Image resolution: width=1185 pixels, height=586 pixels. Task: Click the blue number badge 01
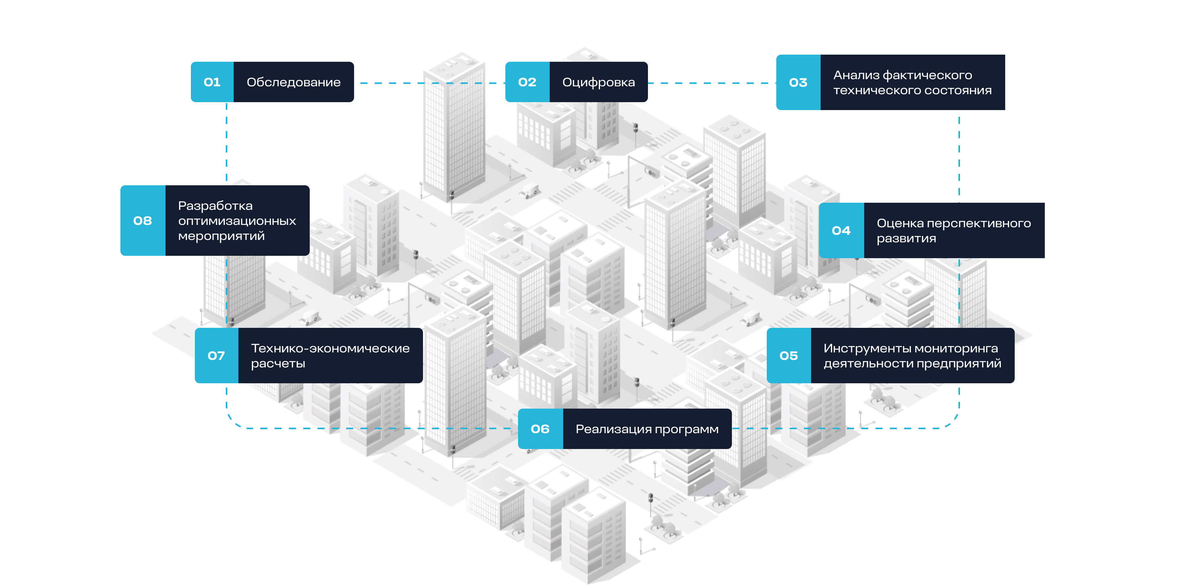212,82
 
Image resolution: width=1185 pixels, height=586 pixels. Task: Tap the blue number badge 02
527,82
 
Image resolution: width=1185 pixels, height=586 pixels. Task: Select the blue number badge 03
798,82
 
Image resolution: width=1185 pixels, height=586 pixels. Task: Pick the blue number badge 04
841,230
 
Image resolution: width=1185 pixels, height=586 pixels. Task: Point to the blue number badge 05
789,356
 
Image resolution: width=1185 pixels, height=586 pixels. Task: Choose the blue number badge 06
540,429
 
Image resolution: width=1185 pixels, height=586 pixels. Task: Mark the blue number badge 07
216,356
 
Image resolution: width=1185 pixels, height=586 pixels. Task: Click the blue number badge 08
143,221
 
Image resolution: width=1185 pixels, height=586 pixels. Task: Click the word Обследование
293,82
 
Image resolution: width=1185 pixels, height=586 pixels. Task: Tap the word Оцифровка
598,82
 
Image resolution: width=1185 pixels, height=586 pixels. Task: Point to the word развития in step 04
906,239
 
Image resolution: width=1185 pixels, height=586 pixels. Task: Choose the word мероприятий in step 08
221,236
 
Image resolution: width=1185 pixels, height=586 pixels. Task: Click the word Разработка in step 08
215,205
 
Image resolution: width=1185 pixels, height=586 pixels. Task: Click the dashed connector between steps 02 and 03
712,83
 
